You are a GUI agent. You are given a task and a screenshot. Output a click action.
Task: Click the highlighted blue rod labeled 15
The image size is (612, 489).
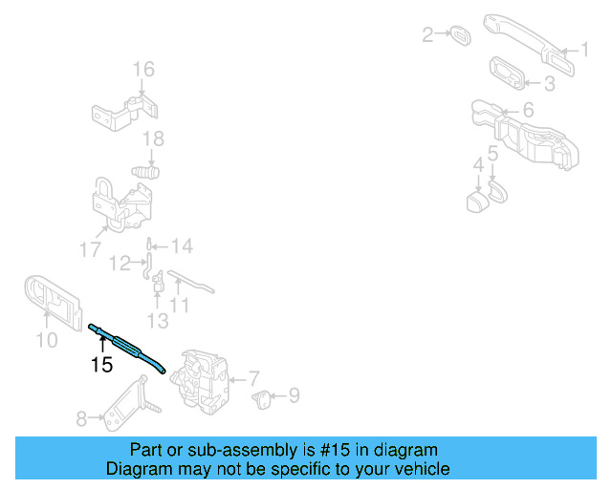coord(129,344)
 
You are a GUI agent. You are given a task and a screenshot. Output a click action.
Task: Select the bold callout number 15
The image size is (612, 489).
coord(101,365)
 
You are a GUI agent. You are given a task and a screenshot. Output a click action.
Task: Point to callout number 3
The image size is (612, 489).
coord(549,84)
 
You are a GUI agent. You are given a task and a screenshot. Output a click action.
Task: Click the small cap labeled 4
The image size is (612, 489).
coord(475,202)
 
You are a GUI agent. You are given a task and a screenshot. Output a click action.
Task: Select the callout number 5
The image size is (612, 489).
coord(492,153)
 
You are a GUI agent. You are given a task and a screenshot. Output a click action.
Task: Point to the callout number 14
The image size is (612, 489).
coord(182,246)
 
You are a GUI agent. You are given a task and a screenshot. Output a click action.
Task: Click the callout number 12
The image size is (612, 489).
coord(120,263)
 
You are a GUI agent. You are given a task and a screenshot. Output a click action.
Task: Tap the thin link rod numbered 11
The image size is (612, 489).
coord(191,284)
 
